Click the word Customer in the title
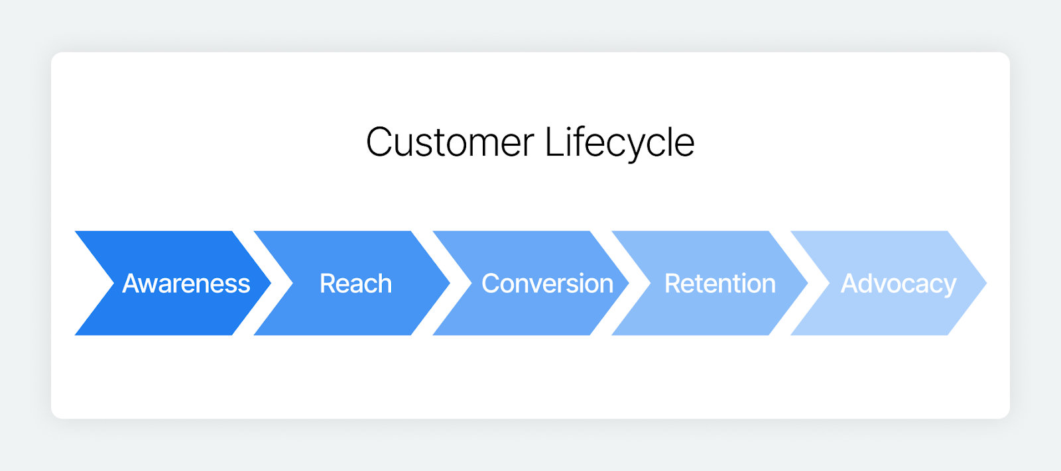point(450,142)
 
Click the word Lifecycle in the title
point(619,142)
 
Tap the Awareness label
point(186,284)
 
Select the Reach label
point(356,284)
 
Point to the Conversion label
point(547,284)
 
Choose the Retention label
point(720,284)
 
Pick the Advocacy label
point(899,284)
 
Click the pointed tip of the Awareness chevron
point(268,283)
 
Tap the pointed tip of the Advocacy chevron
point(983,283)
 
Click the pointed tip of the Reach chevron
point(447,283)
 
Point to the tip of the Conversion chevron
point(626,283)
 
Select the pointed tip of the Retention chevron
point(805,283)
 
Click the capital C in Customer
point(379,142)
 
